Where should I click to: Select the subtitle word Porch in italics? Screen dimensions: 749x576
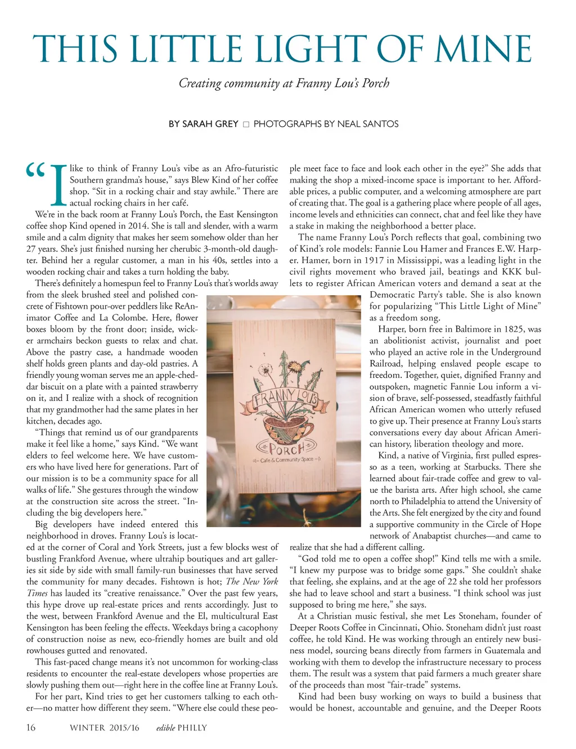[376, 83]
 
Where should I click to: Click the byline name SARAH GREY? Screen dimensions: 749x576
[203, 124]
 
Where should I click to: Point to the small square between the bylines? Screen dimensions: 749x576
[246, 124]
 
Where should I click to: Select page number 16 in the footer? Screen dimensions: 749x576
[31, 728]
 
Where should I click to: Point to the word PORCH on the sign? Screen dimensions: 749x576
[286, 449]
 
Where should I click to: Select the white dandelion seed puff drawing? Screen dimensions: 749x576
[264, 369]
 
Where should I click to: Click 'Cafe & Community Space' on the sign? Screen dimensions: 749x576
[287, 461]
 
